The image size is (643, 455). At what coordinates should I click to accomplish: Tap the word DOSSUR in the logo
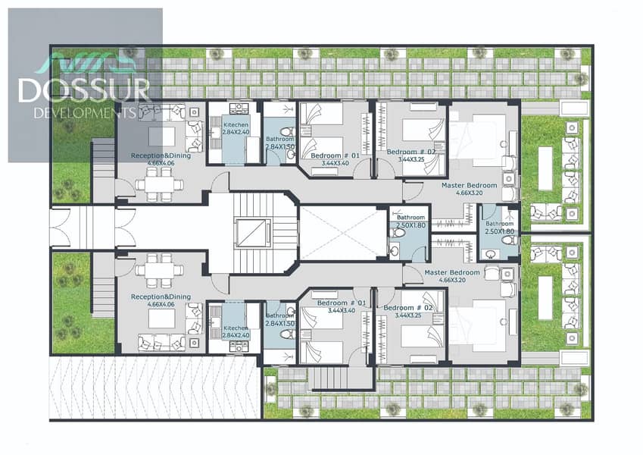pos(85,90)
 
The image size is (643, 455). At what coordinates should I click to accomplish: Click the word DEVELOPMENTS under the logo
pos(85,112)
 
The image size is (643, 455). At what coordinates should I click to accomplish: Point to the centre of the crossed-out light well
pos(344,234)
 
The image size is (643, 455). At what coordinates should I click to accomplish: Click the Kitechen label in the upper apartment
pos(236,124)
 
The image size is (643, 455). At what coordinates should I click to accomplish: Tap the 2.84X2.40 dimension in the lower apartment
pos(236,335)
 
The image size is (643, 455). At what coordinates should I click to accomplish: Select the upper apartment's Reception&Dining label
pos(161,155)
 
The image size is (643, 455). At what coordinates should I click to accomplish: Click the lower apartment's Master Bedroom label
pos(452,272)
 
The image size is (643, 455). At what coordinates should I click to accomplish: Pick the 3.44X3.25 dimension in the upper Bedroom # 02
pos(411,159)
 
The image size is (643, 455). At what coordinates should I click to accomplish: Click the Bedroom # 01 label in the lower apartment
pos(342,303)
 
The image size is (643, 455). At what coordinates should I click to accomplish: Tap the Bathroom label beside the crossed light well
pos(410,217)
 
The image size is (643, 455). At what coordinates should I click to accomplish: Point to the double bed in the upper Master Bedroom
pos(478,140)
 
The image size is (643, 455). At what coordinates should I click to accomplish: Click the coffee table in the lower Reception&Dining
pos(161,318)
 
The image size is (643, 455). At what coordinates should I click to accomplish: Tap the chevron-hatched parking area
pos(155,388)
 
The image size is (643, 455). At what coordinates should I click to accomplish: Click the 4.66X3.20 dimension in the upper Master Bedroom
pos(469,193)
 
